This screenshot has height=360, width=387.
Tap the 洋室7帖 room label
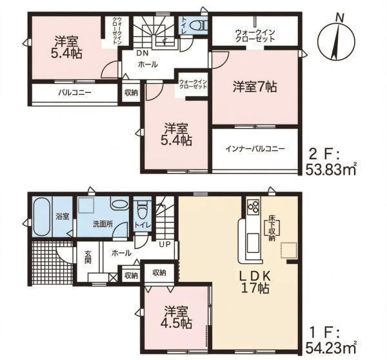click(255, 87)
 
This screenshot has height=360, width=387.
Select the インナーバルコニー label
click(255, 149)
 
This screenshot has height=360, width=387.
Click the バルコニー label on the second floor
click(75, 93)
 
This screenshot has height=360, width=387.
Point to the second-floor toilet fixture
click(198, 25)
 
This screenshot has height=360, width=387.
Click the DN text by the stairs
click(142, 53)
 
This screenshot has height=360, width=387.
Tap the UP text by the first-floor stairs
click(164, 245)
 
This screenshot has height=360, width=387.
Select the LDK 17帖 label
click(255, 282)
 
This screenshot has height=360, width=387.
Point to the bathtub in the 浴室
click(42, 216)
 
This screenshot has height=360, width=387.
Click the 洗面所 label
click(103, 225)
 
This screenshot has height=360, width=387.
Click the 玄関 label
click(88, 257)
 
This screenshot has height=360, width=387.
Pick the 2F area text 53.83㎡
click(330, 170)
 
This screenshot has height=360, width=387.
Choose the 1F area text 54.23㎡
click(330, 348)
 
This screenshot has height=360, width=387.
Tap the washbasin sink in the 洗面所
click(120, 204)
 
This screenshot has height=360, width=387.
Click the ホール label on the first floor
click(121, 253)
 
